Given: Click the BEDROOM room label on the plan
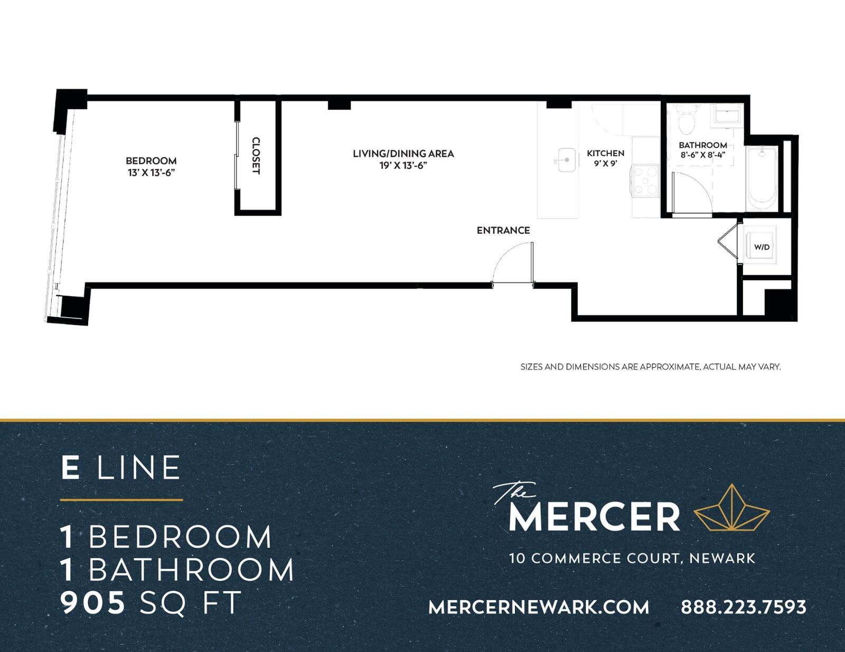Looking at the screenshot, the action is (x=151, y=161).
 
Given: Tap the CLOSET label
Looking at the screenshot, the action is (x=256, y=156).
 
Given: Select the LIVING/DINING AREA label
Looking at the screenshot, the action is (x=403, y=154).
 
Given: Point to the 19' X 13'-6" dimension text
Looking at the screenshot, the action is (x=403, y=166).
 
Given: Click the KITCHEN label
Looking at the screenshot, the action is (x=605, y=154).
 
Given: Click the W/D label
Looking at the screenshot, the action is (x=762, y=247).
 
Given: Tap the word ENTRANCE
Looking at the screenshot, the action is (x=503, y=231).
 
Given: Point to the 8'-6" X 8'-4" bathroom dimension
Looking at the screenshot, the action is (x=703, y=155).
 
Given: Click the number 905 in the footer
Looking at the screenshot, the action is (x=92, y=603).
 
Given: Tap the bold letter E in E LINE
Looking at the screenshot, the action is (x=70, y=467).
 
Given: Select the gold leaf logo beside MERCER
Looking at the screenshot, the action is (x=732, y=509).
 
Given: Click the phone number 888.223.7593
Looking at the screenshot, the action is (x=743, y=607).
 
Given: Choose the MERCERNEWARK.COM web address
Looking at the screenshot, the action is (x=539, y=607).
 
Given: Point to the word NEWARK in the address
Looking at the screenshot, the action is (x=722, y=559).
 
